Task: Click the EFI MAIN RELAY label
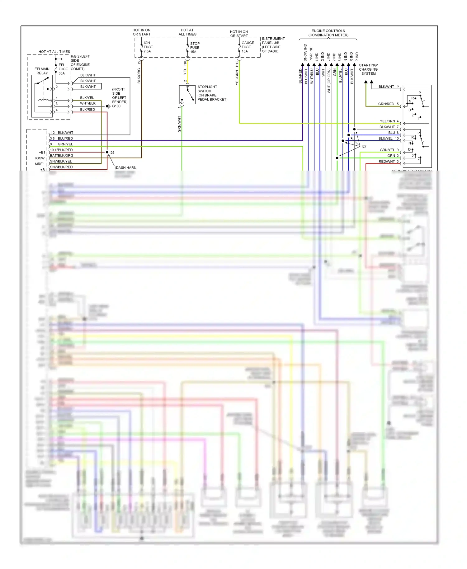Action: coord(42,71)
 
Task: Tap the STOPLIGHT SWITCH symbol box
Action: coord(187,95)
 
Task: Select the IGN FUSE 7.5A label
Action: coord(148,47)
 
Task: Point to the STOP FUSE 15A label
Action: coord(195,48)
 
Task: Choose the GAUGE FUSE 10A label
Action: coord(248,47)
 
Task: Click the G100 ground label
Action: coord(116,106)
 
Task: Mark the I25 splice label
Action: coord(112,153)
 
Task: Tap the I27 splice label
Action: coord(364,146)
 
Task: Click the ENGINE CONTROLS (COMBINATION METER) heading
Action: coord(328,33)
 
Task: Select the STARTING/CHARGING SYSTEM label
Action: coord(368,69)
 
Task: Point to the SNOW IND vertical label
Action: coord(305,53)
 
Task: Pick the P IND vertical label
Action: coord(357,57)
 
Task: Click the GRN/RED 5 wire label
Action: coord(388,104)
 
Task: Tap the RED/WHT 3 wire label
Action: coord(388,162)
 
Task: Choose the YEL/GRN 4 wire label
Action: coord(389,121)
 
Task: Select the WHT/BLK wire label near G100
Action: coord(88,103)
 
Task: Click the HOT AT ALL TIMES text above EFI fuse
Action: coord(54,52)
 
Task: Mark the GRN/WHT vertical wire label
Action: coord(179,124)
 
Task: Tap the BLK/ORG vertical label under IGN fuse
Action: coord(139,76)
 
